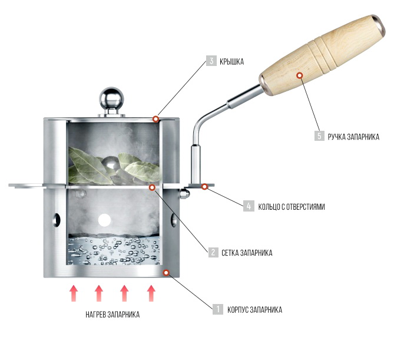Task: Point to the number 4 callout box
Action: (x=249, y=206)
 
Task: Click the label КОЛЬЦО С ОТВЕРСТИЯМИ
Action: (x=292, y=207)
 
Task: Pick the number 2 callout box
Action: (x=212, y=253)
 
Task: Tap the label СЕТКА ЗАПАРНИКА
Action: (x=247, y=253)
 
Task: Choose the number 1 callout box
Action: (x=218, y=309)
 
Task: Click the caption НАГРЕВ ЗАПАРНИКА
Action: (x=112, y=314)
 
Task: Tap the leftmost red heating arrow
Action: (x=73, y=293)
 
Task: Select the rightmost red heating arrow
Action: (x=151, y=293)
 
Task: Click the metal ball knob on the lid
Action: (x=110, y=97)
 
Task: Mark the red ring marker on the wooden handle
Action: (x=300, y=75)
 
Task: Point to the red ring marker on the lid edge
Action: (x=155, y=119)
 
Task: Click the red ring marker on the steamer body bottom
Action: (x=167, y=272)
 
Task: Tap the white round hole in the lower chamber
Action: (x=104, y=220)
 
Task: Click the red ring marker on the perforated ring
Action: (x=204, y=187)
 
